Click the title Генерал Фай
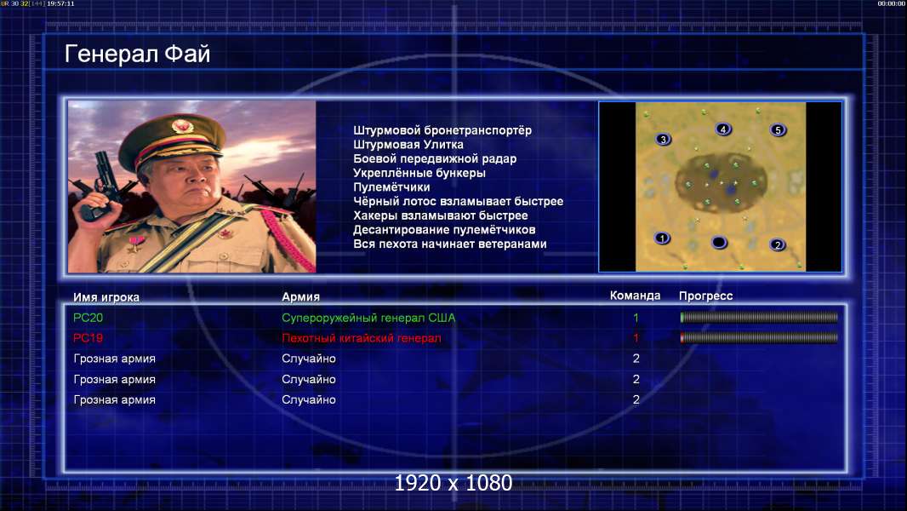click(137, 54)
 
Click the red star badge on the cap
click(181, 125)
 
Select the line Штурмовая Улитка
click(408, 145)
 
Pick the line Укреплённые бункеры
click(419, 173)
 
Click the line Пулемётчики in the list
click(391, 187)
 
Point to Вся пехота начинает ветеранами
click(449, 244)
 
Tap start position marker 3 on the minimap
click(663, 139)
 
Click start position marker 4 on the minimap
click(723, 129)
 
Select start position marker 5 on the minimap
click(778, 129)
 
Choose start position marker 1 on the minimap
click(662, 238)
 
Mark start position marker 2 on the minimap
click(778, 244)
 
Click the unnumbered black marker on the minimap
click(719, 242)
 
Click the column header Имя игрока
click(106, 297)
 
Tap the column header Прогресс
click(705, 296)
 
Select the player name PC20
click(88, 318)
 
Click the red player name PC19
click(88, 338)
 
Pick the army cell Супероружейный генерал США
click(368, 318)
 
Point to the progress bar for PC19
click(759, 337)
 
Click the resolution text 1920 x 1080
click(453, 483)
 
